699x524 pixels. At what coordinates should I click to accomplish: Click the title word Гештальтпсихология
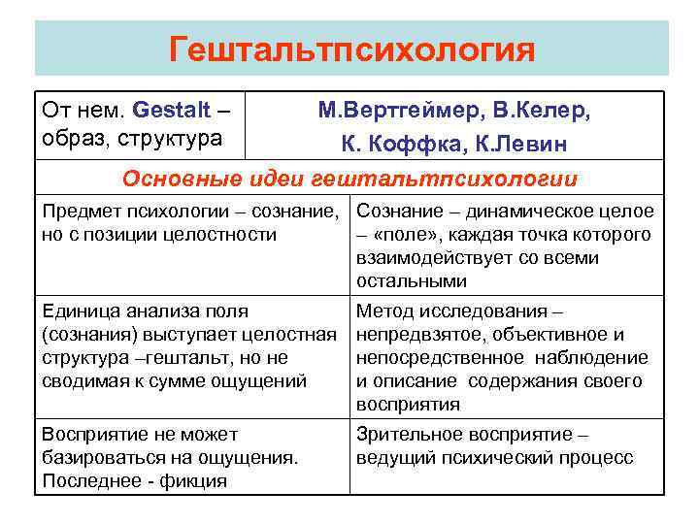tap(351, 49)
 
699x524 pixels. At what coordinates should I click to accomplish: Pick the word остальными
tap(412, 280)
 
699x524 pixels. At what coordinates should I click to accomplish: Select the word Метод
tap(383, 311)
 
